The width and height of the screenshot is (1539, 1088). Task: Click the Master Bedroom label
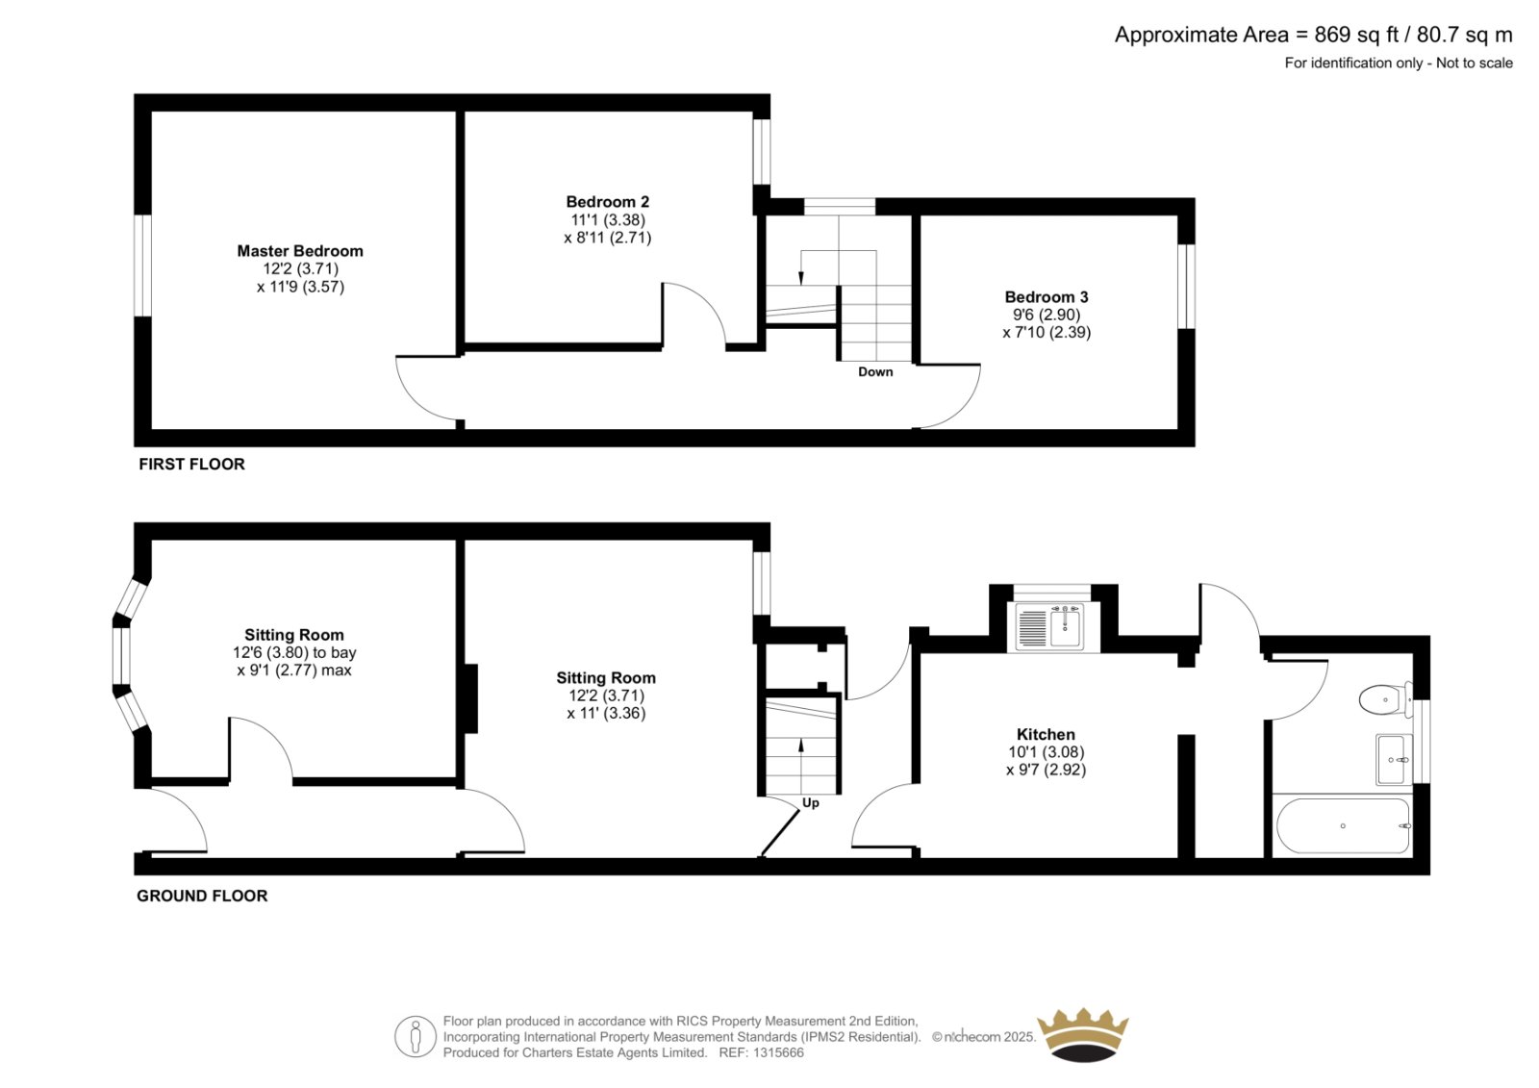(x=299, y=251)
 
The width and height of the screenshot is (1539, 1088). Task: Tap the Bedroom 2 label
(x=607, y=202)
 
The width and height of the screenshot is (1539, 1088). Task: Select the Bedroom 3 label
(x=1047, y=297)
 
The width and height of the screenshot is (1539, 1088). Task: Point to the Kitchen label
(x=1046, y=734)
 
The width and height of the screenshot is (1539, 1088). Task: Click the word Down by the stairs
(x=875, y=372)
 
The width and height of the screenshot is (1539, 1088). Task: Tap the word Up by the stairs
(x=811, y=803)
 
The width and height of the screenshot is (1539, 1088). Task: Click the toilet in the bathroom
(x=1385, y=699)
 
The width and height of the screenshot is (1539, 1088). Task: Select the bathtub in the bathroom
(x=1343, y=825)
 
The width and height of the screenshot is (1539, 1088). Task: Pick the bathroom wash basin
(x=1394, y=759)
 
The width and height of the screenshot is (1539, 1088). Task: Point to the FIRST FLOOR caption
(x=191, y=465)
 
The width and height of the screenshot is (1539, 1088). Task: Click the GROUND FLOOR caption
(x=202, y=897)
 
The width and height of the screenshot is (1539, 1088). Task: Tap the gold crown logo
(x=1083, y=1034)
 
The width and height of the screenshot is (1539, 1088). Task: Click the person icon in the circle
(x=415, y=1036)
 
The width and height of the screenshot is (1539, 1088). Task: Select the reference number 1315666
(x=777, y=1053)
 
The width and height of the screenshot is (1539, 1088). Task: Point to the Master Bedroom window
(x=142, y=266)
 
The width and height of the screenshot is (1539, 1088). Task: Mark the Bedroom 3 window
(x=1187, y=286)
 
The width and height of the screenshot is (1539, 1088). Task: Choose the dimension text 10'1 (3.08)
(x=1046, y=752)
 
